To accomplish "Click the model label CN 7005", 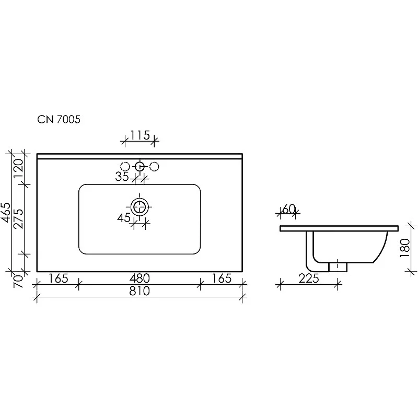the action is pyautogui.click(x=59, y=119).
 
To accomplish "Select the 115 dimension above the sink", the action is pyautogui.click(x=140, y=135).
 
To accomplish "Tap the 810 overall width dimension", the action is pyautogui.click(x=140, y=291).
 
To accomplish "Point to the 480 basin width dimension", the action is pyautogui.click(x=140, y=278).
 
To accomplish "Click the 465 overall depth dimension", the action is pyautogui.click(x=6, y=213).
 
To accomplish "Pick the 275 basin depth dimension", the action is pyautogui.click(x=18, y=219).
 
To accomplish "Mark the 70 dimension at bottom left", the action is pyautogui.click(x=18, y=281).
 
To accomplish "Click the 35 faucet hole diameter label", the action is pyautogui.click(x=122, y=176).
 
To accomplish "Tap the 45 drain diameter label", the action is pyautogui.click(x=124, y=218).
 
